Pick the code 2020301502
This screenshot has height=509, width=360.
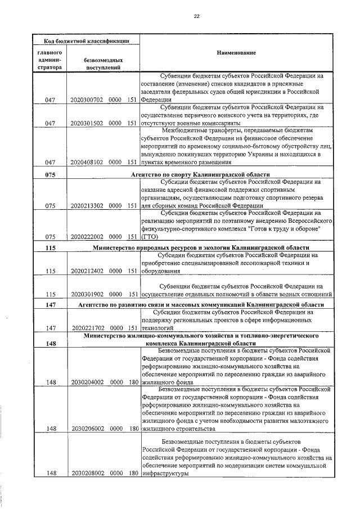(87, 123)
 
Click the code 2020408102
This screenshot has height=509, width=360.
(87, 162)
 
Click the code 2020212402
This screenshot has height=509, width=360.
(87, 271)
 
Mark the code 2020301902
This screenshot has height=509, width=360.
(87, 294)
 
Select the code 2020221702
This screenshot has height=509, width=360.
(87, 327)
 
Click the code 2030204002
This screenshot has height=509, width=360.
(87, 382)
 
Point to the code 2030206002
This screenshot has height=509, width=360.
(87, 428)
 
